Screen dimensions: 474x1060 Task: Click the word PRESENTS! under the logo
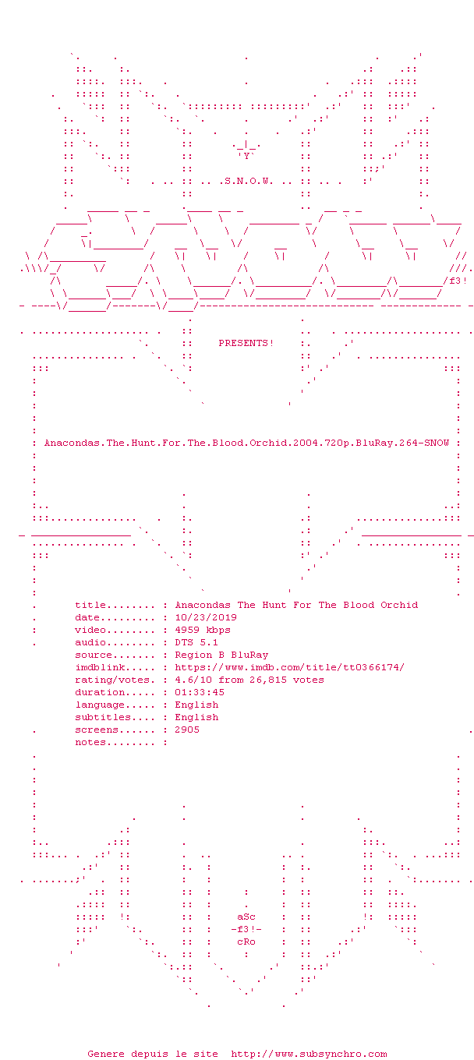[x=246, y=343]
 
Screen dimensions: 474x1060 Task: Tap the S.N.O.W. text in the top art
[x=246, y=181]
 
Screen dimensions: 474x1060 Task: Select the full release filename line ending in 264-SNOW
[x=246, y=443]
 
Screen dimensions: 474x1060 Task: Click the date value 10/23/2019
[x=206, y=617]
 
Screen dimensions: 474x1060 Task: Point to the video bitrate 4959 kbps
[x=203, y=630]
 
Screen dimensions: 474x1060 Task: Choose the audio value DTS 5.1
[x=196, y=642]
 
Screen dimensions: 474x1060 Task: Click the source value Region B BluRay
[x=221, y=655]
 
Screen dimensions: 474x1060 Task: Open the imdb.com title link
[x=289, y=667]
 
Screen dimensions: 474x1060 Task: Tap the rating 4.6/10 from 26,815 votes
[x=249, y=680]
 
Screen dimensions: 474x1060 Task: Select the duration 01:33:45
[x=200, y=692]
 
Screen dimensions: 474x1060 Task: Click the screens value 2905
[x=187, y=730]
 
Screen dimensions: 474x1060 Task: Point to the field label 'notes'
[x=90, y=742]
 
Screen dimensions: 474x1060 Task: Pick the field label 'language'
[x=100, y=705]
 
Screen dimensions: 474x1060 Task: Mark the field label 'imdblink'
[x=100, y=667]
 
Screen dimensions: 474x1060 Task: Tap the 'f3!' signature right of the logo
[x=458, y=281]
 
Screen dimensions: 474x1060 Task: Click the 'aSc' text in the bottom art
[x=246, y=917]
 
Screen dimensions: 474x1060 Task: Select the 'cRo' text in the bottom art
[x=246, y=942]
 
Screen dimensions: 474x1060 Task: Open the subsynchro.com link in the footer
[x=309, y=1054]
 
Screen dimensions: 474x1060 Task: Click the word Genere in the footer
[x=106, y=1054]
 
